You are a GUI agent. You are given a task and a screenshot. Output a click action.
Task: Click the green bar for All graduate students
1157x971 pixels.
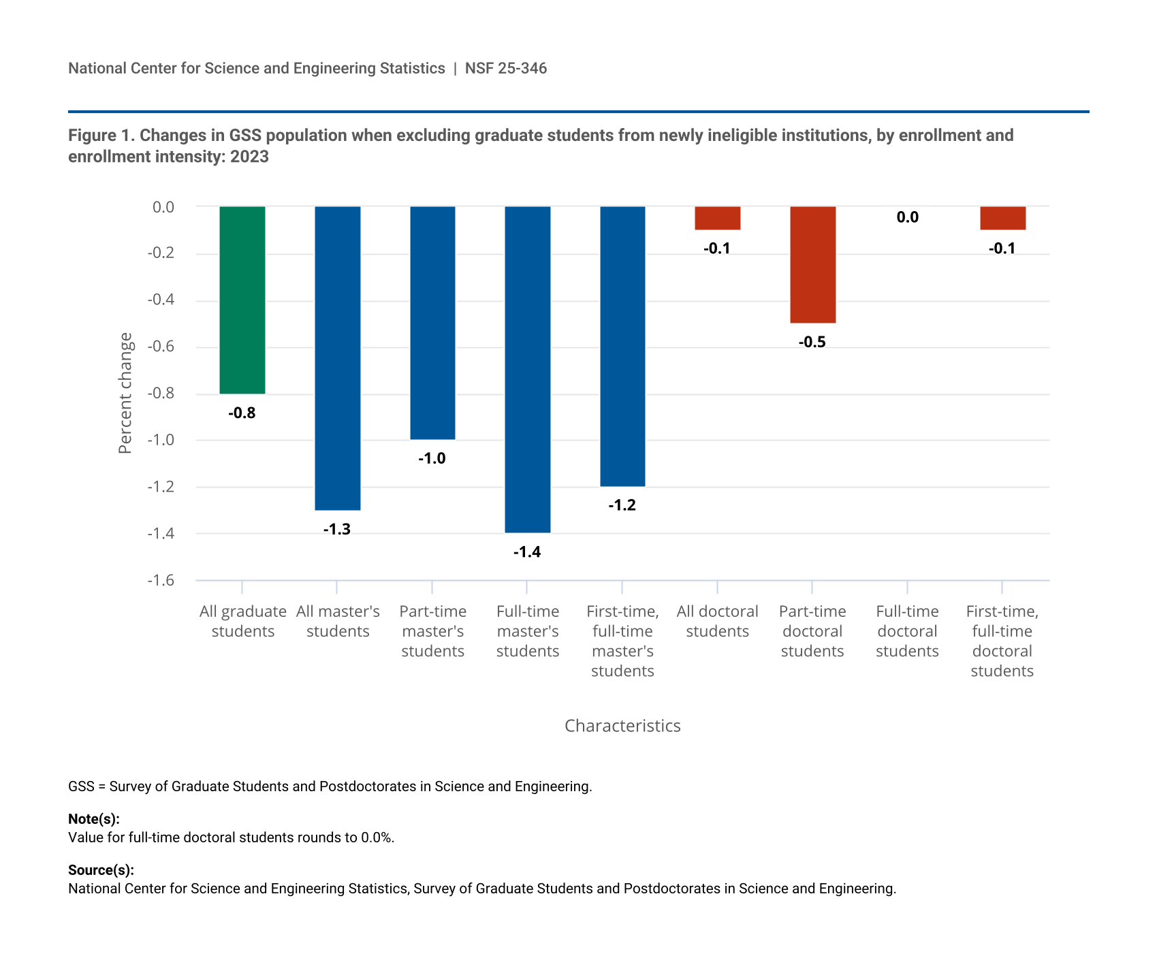[242, 300]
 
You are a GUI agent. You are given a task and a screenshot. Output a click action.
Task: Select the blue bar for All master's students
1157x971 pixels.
[337, 357]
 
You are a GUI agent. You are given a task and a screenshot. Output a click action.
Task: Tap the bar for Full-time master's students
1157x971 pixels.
[527, 369]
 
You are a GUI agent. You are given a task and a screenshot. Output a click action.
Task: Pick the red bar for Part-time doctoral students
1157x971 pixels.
[812, 264]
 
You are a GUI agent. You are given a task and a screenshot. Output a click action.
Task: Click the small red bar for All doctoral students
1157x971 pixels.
[717, 218]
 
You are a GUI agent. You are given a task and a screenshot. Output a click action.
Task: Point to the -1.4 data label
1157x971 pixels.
[527, 552]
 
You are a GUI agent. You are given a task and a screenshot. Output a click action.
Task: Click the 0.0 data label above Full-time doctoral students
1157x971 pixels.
[907, 217]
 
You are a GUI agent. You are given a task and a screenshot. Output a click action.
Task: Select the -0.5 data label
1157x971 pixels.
[812, 342]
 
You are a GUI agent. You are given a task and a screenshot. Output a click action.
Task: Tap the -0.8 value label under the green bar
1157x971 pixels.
[242, 413]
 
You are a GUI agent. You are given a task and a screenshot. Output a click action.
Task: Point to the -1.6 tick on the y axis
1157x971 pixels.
[161, 580]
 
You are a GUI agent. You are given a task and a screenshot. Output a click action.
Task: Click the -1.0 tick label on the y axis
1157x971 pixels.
[161, 440]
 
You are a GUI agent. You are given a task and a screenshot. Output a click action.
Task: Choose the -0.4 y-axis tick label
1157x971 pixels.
[161, 300]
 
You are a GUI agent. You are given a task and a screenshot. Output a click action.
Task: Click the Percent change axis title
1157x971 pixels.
[125, 393]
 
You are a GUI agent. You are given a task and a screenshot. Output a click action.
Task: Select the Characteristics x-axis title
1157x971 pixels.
[622, 726]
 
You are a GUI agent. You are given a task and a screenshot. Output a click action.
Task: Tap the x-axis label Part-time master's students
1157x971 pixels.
[432, 631]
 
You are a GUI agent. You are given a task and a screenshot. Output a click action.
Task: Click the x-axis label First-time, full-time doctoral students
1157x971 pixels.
[1002, 641]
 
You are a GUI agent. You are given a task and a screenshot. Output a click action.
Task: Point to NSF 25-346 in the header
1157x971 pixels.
[506, 68]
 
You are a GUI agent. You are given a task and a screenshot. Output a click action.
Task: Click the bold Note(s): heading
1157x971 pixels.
[94, 819]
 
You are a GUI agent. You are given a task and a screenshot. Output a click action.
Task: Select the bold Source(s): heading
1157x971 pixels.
[101, 870]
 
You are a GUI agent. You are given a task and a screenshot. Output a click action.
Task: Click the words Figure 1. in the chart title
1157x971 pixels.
[101, 136]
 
